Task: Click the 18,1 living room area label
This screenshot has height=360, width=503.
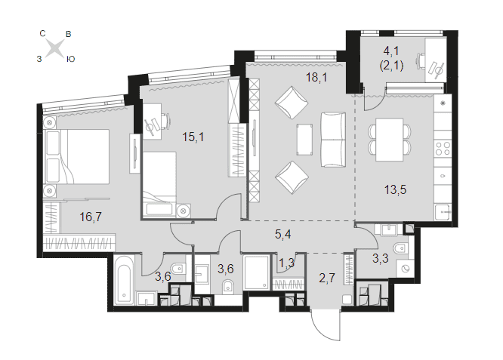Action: [316, 77]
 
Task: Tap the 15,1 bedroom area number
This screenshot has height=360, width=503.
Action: [193, 137]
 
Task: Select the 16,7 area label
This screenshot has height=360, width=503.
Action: [91, 217]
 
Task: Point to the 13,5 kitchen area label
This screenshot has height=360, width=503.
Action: [395, 189]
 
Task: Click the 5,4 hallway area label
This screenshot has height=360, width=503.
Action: [283, 234]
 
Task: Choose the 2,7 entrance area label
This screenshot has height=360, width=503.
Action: [327, 278]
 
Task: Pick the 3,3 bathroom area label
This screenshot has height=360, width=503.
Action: [381, 258]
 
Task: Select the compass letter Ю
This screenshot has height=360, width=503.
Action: [70, 60]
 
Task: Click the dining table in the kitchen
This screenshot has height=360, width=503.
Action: [390, 140]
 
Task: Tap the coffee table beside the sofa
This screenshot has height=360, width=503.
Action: [304, 140]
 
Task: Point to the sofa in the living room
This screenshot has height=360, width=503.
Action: [333, 140]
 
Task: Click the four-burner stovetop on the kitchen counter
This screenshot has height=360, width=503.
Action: [443, 149]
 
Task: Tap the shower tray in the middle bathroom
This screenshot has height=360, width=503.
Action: [256, 272]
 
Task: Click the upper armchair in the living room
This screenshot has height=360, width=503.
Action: [292, 103]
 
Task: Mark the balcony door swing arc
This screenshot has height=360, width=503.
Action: [373, 102]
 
